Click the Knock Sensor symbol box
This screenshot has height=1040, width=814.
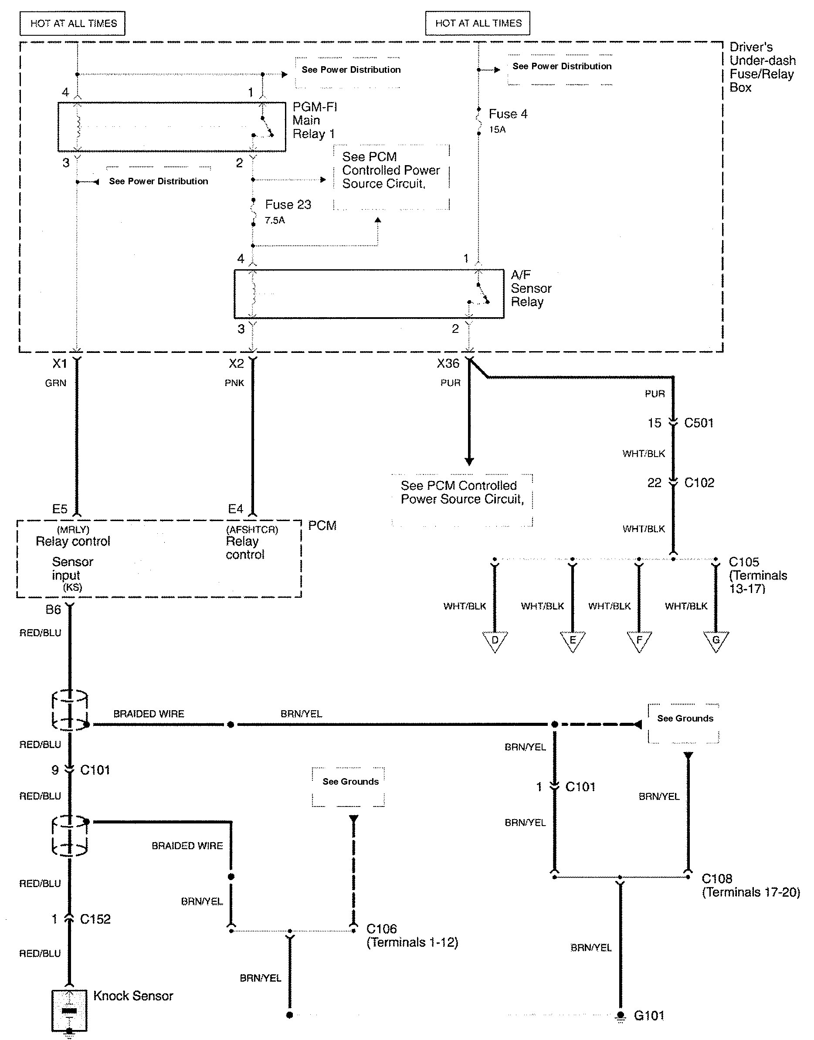pos(69,1010)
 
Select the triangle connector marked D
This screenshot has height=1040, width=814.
pos(495,640)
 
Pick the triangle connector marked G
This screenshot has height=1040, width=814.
pos(716,640)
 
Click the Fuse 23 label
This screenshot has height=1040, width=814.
pos(288,204)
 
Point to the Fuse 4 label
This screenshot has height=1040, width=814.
pos(508,114)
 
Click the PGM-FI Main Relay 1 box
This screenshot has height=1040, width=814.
pos(172,127)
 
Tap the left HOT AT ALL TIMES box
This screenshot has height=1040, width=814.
pos(73,24)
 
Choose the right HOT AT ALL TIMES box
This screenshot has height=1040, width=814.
pos(478,24)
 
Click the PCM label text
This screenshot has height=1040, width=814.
pos(322,525)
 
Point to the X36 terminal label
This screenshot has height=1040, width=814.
pos(448,363)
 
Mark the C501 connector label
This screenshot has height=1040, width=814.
pos(699,423)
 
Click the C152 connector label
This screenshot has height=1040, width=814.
pos(95,919)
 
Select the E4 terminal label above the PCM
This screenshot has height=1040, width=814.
pos(235,509)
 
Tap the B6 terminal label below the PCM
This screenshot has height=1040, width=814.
pos(53,610)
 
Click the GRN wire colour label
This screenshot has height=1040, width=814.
pos(55,383)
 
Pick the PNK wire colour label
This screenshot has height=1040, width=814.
pos(234,383)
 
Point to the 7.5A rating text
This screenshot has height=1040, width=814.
pos(275,220)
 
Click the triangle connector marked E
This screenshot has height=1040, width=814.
pos(573,640)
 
